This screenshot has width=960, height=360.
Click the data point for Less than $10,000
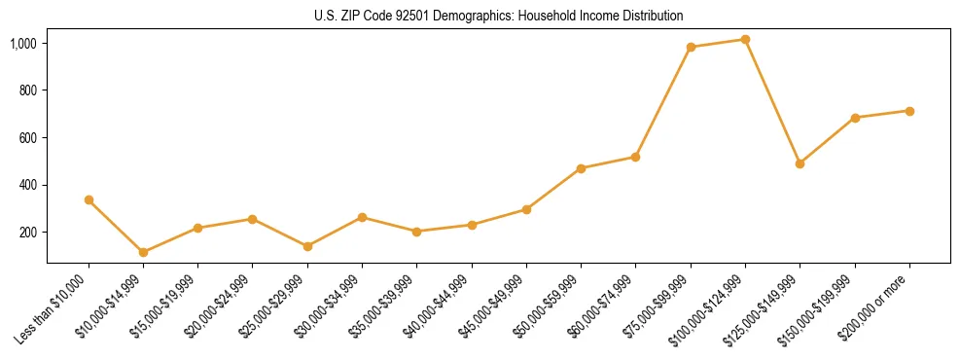coord(89,199)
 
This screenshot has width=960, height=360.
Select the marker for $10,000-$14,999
coord(143,252)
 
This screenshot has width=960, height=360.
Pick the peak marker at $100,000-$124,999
coord(745,39)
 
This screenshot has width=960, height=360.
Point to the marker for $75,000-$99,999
coord(691,47)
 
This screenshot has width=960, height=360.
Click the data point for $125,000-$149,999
coord(800,163)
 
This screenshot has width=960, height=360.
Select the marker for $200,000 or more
coord(909,111)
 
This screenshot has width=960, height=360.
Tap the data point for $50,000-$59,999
coord(581,168)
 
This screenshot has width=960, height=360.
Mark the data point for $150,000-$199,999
coord(855,118)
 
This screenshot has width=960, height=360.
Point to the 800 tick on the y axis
coord(28,90)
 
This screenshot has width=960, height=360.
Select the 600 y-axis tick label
coord(28,138)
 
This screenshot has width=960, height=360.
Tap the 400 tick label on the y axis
coord(28,185)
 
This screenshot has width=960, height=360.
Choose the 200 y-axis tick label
coord(28,233)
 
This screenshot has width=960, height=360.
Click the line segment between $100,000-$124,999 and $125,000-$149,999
coord(772,101)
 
